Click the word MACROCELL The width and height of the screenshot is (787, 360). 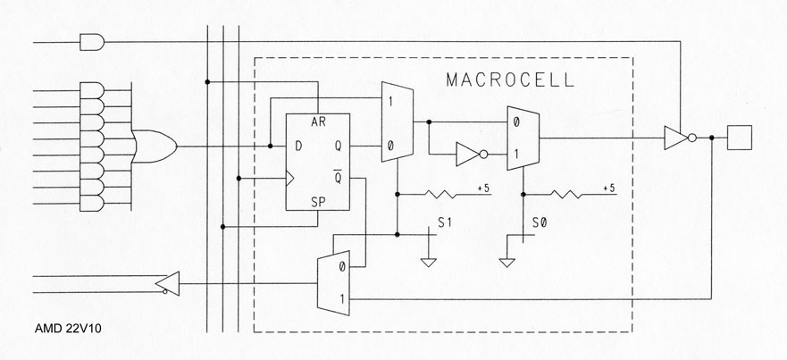click(510, 80)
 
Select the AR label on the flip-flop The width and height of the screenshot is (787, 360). click(317, 121)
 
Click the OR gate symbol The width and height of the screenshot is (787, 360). click(155, 145)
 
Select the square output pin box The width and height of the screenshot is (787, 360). click(741, 138)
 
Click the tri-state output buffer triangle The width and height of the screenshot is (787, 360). click(676, 138)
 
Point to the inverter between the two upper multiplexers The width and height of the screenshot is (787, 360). click(468, 154)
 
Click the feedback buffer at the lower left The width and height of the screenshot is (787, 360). click(167, 284)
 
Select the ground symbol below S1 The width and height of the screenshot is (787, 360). click(428, 262)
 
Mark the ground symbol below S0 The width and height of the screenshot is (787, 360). click(507, 262)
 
